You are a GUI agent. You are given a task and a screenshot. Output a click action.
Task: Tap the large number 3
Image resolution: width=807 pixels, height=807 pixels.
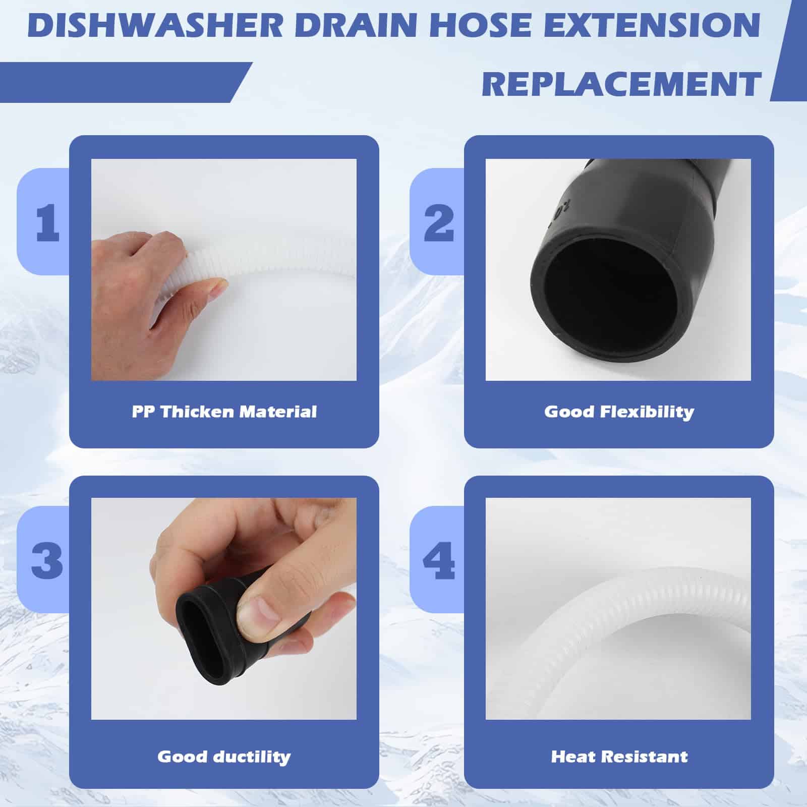pyautogui.click(x=47, y=560)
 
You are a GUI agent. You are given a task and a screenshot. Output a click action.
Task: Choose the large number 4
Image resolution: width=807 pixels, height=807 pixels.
pyautogui.click(x=439, y=560)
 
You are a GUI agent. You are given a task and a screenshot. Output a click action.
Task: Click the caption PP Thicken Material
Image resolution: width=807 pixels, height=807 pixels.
pyautogui.click(x=224, y=412)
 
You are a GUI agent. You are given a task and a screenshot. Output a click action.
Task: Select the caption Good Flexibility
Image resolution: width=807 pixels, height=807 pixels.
pyautogui.click(x=619, y=413)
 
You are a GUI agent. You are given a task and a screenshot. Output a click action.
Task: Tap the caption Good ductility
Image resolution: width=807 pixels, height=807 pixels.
pyautogui.click(x=224, y=757)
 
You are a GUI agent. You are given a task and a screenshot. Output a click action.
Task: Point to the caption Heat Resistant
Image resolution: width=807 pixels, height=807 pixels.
pyautogui.click(x=619, y=757)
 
